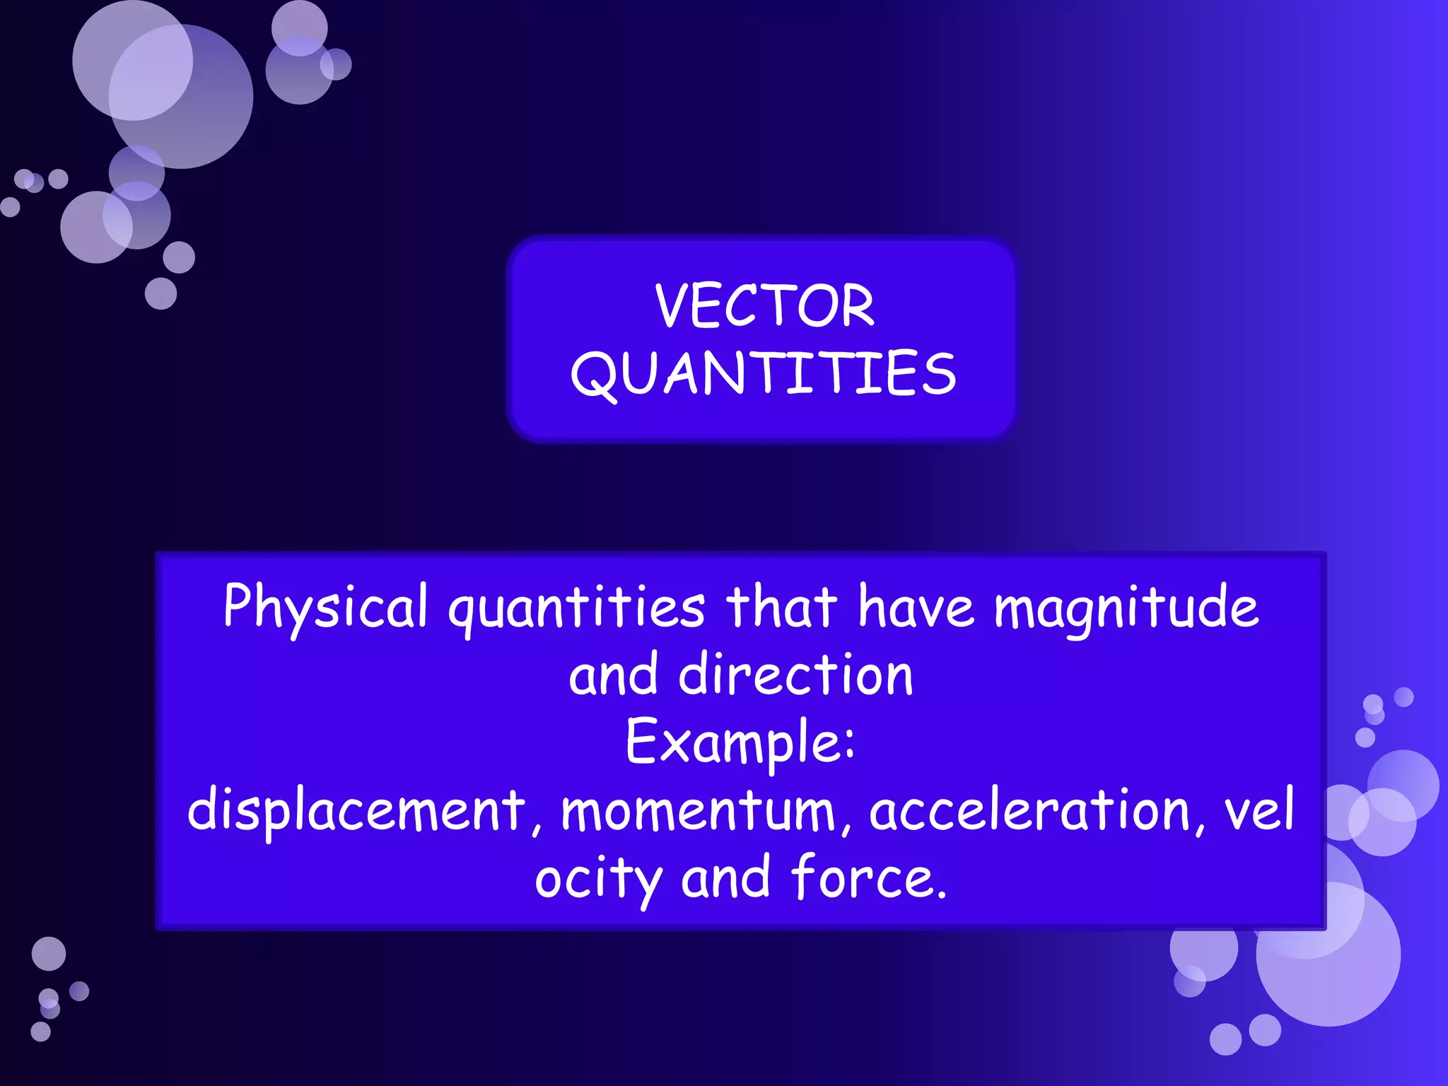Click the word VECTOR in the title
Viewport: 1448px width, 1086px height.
[764, 305]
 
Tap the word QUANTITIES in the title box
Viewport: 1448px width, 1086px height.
[763, 373]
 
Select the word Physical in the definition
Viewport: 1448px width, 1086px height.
[325, 607]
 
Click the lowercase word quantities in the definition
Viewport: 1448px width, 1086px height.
[576, 608]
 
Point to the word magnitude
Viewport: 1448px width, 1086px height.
[1126, 608]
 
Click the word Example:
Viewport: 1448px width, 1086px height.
[740, 742]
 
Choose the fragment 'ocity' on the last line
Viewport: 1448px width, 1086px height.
[597, 878]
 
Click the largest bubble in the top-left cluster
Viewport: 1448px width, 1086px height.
[181, 97]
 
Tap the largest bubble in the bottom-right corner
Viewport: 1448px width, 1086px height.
[1328, 954]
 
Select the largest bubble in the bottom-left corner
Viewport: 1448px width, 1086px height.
[49, 954]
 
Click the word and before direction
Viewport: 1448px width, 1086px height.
[614, 675]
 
